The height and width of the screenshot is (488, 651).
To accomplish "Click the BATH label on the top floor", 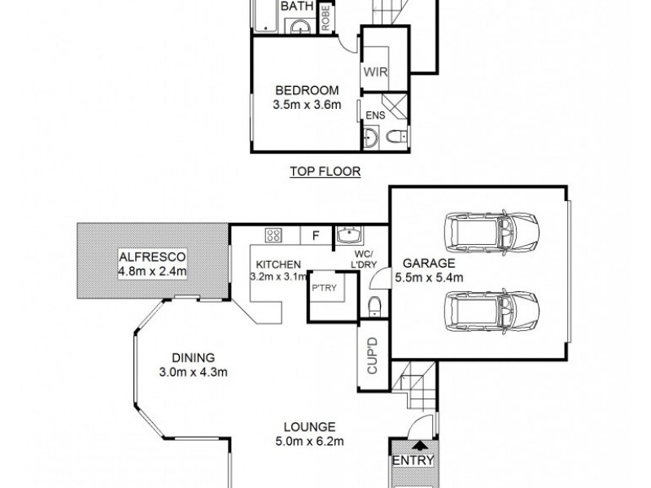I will (x=295, y=7).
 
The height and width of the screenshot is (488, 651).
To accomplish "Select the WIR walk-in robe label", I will (x=374, y=71).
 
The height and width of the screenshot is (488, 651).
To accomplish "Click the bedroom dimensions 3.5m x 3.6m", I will (x=306, y=104).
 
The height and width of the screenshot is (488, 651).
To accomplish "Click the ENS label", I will (x=376, y=115).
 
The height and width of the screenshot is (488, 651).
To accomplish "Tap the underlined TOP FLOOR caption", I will (x=325, y=172).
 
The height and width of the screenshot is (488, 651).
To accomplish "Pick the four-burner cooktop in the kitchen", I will (x=273, y=236).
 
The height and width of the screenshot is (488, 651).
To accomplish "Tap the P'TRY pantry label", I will (x=323, y=286).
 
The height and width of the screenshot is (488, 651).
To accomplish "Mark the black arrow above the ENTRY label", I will (x=419, y=445).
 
